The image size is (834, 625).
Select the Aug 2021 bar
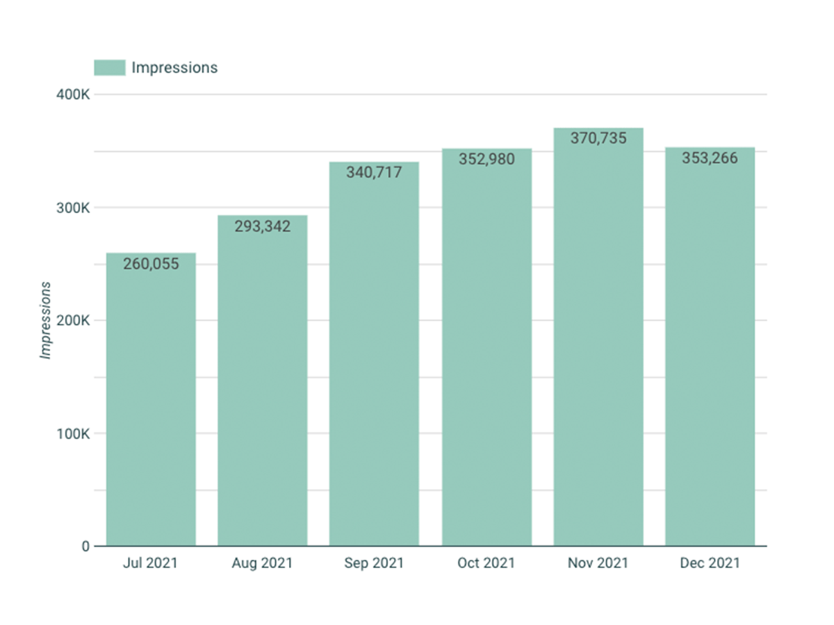pyautogui.click(x=263, y=389)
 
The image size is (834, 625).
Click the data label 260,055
pyautogui.click(x=151, y=264)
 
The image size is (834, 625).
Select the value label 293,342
pyautogui.click(x=263, y=226)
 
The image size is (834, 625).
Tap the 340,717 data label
pyautogui.click(x=374, y=172)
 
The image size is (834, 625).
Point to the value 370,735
pyautogui.click(x=598, y=138)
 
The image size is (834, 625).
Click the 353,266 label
pyautogui.click(x=710, y=158)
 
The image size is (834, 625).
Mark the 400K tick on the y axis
pyautogui.click(x=73, y=94)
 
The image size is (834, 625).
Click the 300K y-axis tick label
pyautogui.click(x=73, y=208)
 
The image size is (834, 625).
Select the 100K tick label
pyautogui.click(x=73, y=433)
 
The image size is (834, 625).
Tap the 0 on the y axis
pyautogui.click(x=85, y=547)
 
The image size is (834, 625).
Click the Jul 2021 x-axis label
pyautogui.click(x=150, y=563)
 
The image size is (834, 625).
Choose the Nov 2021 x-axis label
pyautogui.click(x=598, y=563)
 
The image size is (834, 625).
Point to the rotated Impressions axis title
pyautogui.click(x=46, y=320)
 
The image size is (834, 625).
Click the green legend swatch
pyautogui.click(x=110, y=67)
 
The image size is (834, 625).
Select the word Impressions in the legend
pyautogui.click(x=174, y=67)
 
